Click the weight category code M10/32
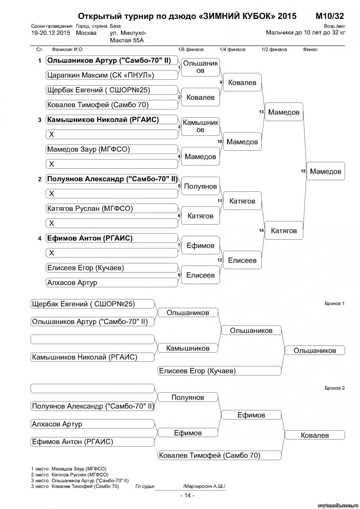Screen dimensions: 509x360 329,16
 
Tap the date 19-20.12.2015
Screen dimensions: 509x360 51,33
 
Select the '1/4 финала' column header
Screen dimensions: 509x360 232,50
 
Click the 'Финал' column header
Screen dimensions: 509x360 310,50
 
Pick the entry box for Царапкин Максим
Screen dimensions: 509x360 112,75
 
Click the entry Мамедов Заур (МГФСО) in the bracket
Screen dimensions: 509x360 112,149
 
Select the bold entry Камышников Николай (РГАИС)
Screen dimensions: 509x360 112,120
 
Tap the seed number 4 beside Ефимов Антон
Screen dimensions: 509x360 40,239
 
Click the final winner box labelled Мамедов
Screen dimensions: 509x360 325,171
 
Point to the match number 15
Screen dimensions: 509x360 303,171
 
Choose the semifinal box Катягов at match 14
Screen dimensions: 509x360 284,231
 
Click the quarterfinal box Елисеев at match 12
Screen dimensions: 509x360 242,260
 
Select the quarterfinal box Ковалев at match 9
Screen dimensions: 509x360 242,82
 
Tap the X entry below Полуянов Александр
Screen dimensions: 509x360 112,194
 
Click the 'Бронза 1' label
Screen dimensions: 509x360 334,303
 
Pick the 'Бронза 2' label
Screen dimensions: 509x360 334,388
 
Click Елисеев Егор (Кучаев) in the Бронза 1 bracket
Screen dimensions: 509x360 220,371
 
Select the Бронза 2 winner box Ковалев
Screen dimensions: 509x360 315,435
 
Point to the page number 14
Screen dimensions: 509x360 187,495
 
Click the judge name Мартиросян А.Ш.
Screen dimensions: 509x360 204,486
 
